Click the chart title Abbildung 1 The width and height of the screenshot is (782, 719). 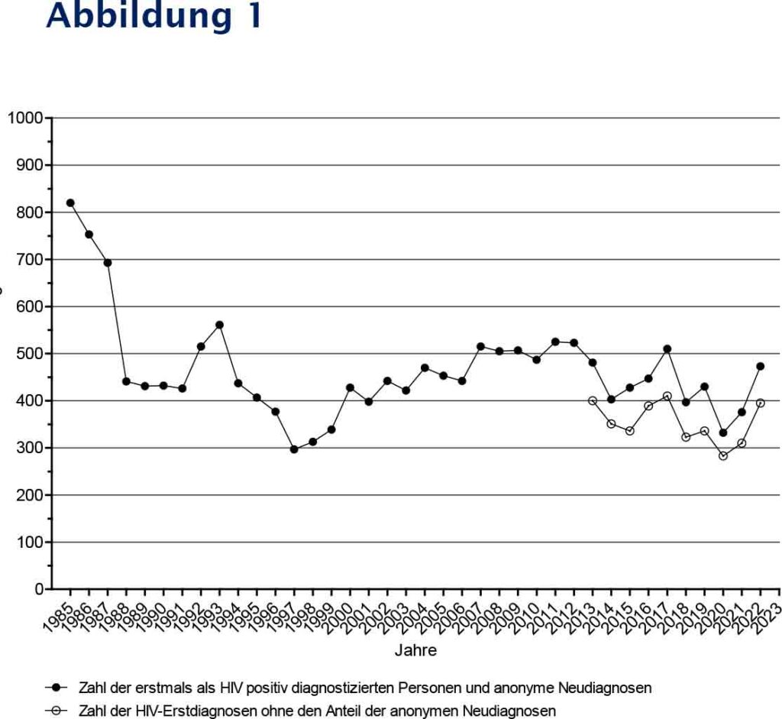153,17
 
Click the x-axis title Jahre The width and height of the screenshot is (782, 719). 415,651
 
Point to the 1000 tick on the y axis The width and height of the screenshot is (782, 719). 26,118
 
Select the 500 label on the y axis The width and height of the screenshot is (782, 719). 29,354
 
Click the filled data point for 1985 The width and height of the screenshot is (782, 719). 70,202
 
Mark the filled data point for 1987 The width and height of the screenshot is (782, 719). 108,263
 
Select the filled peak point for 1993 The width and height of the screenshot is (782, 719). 219,325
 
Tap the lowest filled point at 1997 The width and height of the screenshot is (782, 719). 294,449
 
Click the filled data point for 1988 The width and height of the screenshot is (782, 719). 126,381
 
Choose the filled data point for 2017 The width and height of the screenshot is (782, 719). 667,349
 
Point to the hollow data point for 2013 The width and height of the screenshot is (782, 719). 593,400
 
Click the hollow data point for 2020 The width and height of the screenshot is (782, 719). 723,456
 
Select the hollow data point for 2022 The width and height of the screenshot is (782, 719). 761,403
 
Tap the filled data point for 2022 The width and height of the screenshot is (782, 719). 761,366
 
